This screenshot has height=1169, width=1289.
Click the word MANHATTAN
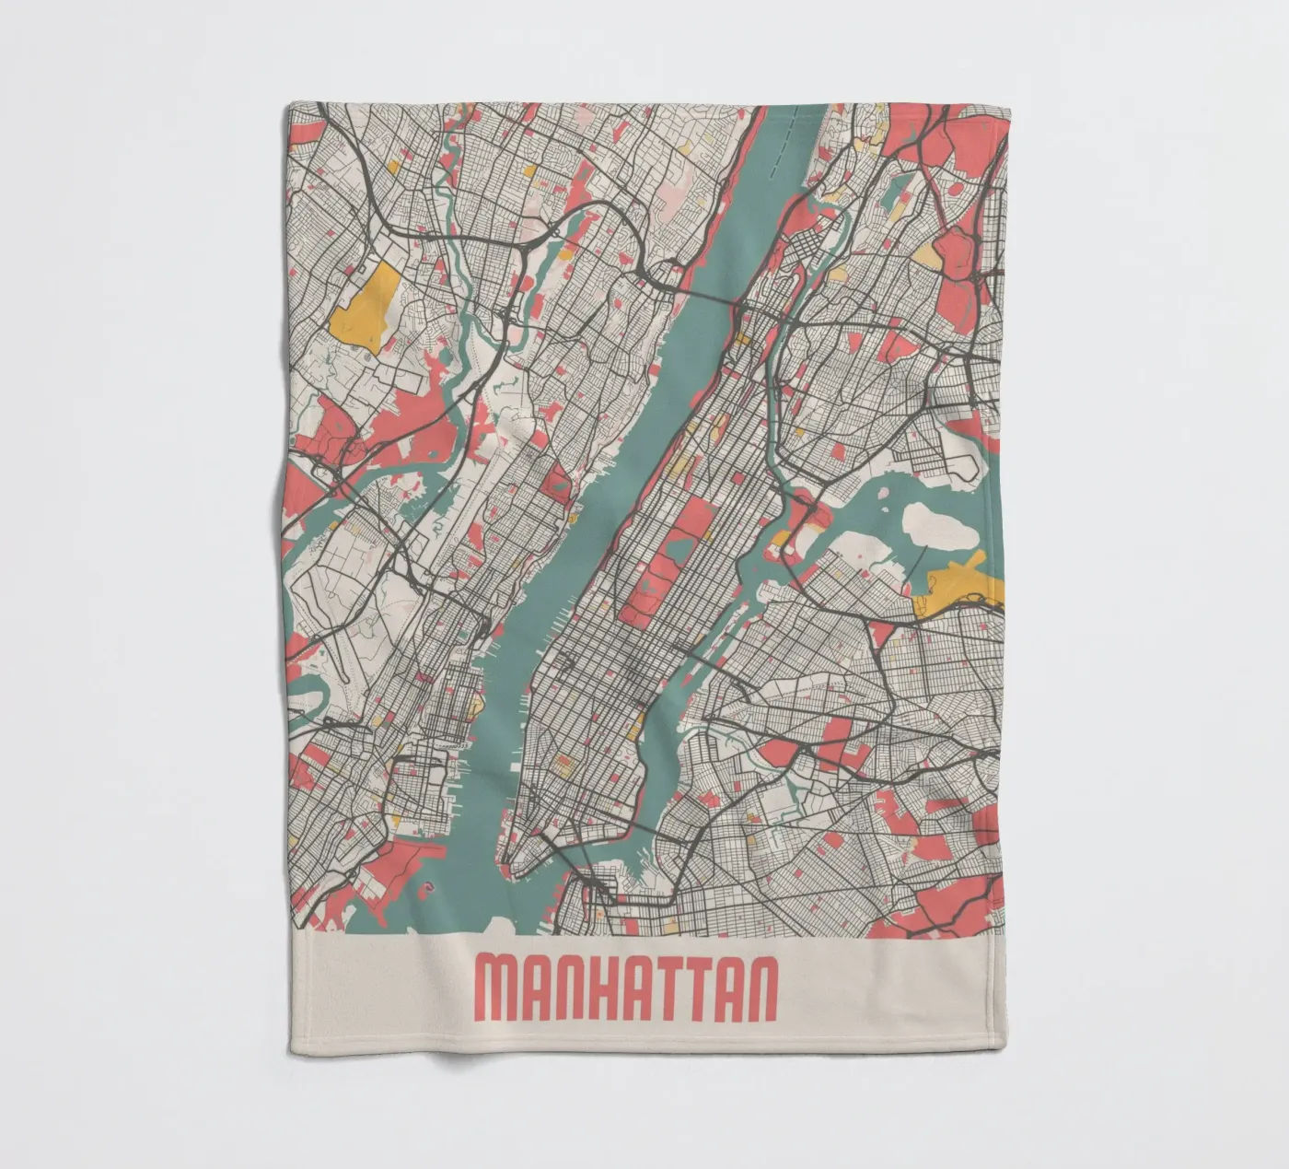click(626, 988)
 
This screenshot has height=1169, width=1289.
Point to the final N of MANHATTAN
click(760, 988)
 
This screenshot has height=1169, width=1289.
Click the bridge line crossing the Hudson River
click(709, 294)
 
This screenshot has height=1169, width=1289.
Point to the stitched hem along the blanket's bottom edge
click(644, 1056)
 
